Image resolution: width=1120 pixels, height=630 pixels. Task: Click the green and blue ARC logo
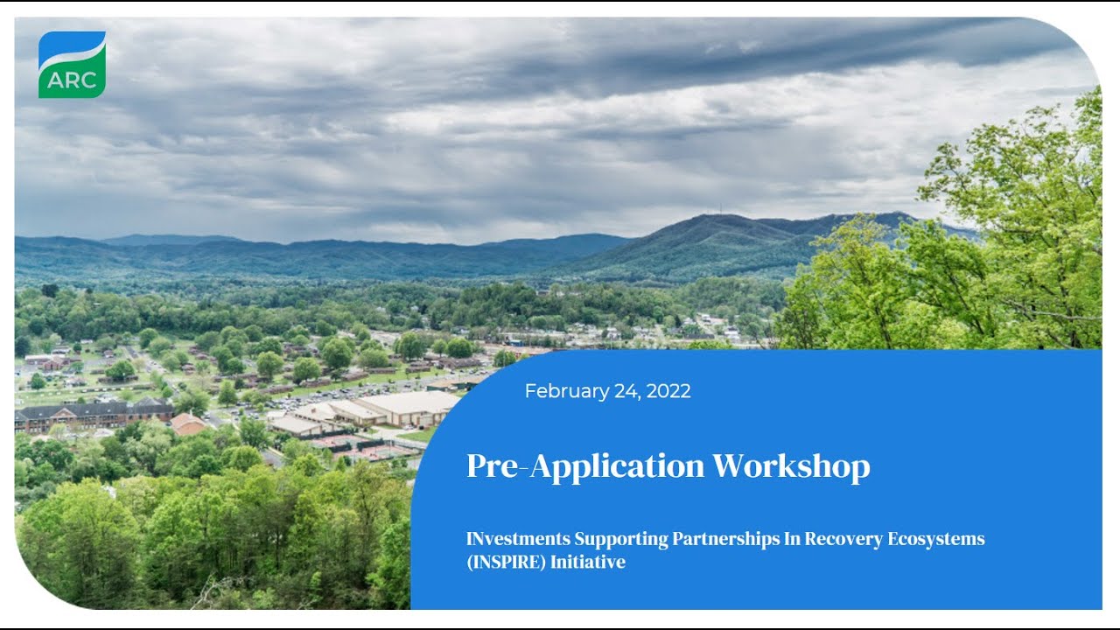(x=72, y=65)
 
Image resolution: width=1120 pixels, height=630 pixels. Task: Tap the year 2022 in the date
(x=668, y=391)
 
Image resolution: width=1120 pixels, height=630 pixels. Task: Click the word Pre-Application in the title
(x=584, y=466)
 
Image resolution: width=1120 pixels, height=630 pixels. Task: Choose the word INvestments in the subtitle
(x=518, y=539)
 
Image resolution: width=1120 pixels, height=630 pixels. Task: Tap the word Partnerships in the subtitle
(x=725, y=539)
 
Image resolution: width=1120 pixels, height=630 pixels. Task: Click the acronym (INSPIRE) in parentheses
(x=506, y=562)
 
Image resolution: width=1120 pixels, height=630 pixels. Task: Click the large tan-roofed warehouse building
(x=411, y=406)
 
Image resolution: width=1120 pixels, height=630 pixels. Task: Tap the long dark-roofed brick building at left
(x=92, y=412)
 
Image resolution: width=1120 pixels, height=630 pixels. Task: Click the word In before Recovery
(x=792, y=539)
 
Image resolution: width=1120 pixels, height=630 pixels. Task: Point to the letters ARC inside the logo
(x=72, y=80)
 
